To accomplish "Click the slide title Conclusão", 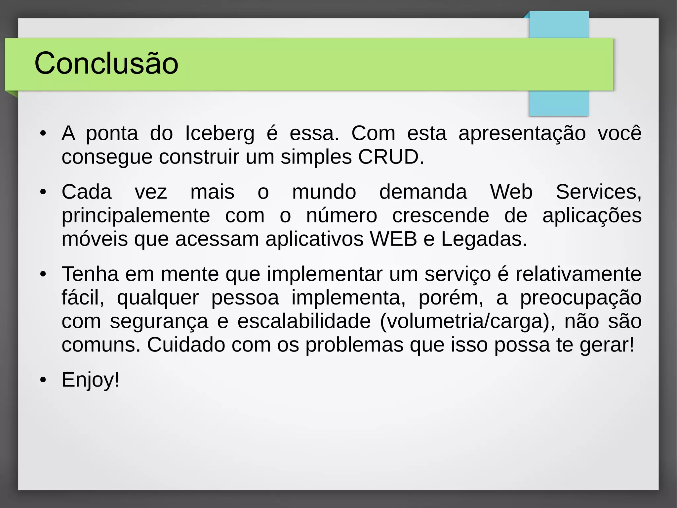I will (106, 63).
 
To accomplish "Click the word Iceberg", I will (219, 133).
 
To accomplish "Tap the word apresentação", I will (522, 133).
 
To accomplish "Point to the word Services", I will (598, 192).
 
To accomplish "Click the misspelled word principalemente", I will (136, 216).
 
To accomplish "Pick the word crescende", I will (441, 215).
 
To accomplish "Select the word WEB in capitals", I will (393, 239).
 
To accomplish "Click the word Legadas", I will (484, 239).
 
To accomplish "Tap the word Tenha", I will (90, 274).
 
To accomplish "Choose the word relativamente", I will (578, 274).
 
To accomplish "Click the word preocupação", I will (581, 298).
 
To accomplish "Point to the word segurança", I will (159, 321).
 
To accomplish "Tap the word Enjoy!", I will (90, 380).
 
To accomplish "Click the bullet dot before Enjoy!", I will (43, 380).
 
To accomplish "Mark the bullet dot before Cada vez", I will (43, 192).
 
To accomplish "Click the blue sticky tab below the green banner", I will (559, 103).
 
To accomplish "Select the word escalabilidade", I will (304, 321).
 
